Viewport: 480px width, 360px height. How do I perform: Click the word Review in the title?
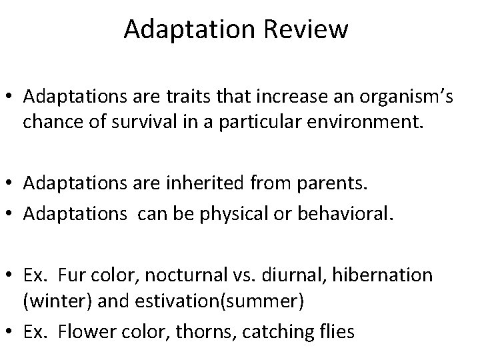pos(311,29)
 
